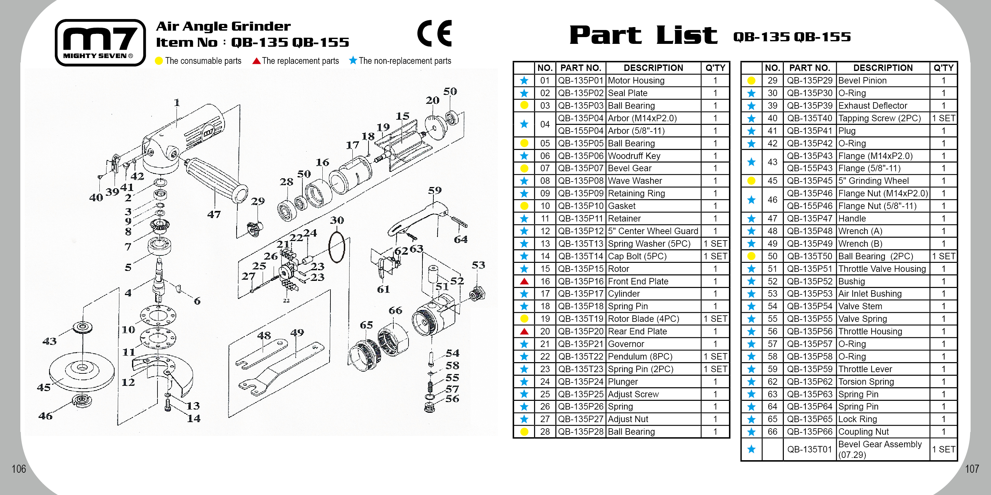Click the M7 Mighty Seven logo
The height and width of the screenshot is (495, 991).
[100, 42]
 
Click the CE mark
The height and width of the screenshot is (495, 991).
[434, 34]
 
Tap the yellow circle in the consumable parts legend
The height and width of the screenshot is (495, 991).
[158, 61]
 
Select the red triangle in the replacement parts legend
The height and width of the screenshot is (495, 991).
[256, 61]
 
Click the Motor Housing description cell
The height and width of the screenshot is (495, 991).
[653, 81]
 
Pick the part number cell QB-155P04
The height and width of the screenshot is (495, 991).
[581, 131]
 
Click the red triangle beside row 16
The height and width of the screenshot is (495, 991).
[524, 281]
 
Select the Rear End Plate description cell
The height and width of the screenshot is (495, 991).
[653, 331]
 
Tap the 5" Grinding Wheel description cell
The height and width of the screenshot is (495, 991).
[883, 181]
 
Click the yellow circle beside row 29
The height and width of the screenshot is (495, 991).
[751, 81]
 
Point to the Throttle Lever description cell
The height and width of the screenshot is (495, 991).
[883, 369]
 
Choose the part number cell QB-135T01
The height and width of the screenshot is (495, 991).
[809, 449]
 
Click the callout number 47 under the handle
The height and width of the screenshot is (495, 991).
[214, 214]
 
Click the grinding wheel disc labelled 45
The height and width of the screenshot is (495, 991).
[82, 369]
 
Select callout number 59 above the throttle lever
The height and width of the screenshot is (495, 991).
[435, 190]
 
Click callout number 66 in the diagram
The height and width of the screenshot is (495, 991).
[395, 311]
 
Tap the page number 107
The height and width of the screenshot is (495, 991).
[972, 469]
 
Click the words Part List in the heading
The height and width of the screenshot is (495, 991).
[643, 35]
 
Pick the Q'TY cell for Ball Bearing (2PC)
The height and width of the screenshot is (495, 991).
[943, 256]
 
